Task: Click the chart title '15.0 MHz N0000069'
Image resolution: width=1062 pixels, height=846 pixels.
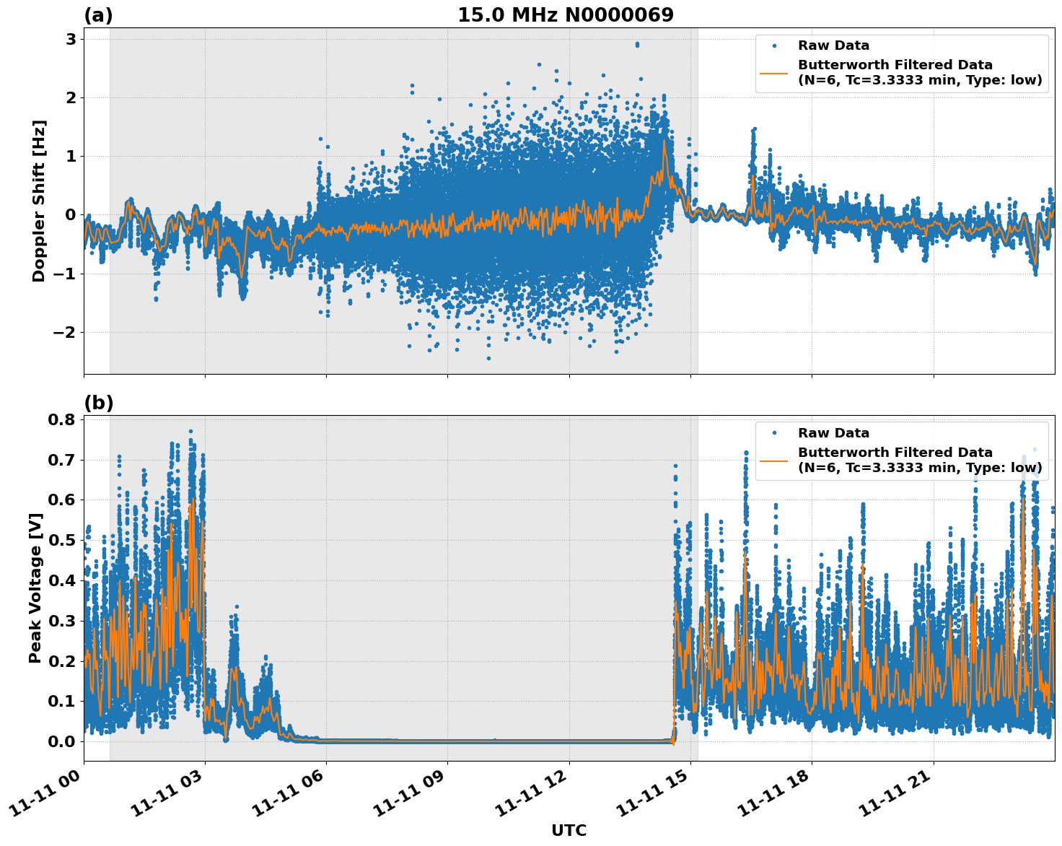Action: (x=566, y=15)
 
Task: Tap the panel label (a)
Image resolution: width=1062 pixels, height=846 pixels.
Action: (x=98, y=15)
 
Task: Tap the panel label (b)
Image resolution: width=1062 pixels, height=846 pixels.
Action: (x=98, y=403)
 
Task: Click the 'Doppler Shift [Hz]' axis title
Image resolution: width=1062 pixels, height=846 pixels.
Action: (x=39, y=201)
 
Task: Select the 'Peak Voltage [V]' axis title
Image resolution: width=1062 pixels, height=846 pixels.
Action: (x=35, y=588)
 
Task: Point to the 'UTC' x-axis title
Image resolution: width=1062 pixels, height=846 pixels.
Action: (x=569, y=830)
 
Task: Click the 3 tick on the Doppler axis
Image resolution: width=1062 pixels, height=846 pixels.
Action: (x=71, y=39)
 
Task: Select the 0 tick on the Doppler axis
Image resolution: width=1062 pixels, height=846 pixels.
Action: (x=71, y=214)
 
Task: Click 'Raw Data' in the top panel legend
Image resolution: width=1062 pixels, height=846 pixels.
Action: (x=833, y=45)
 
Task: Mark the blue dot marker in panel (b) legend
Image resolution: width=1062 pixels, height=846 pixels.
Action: (x=774, y=433)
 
